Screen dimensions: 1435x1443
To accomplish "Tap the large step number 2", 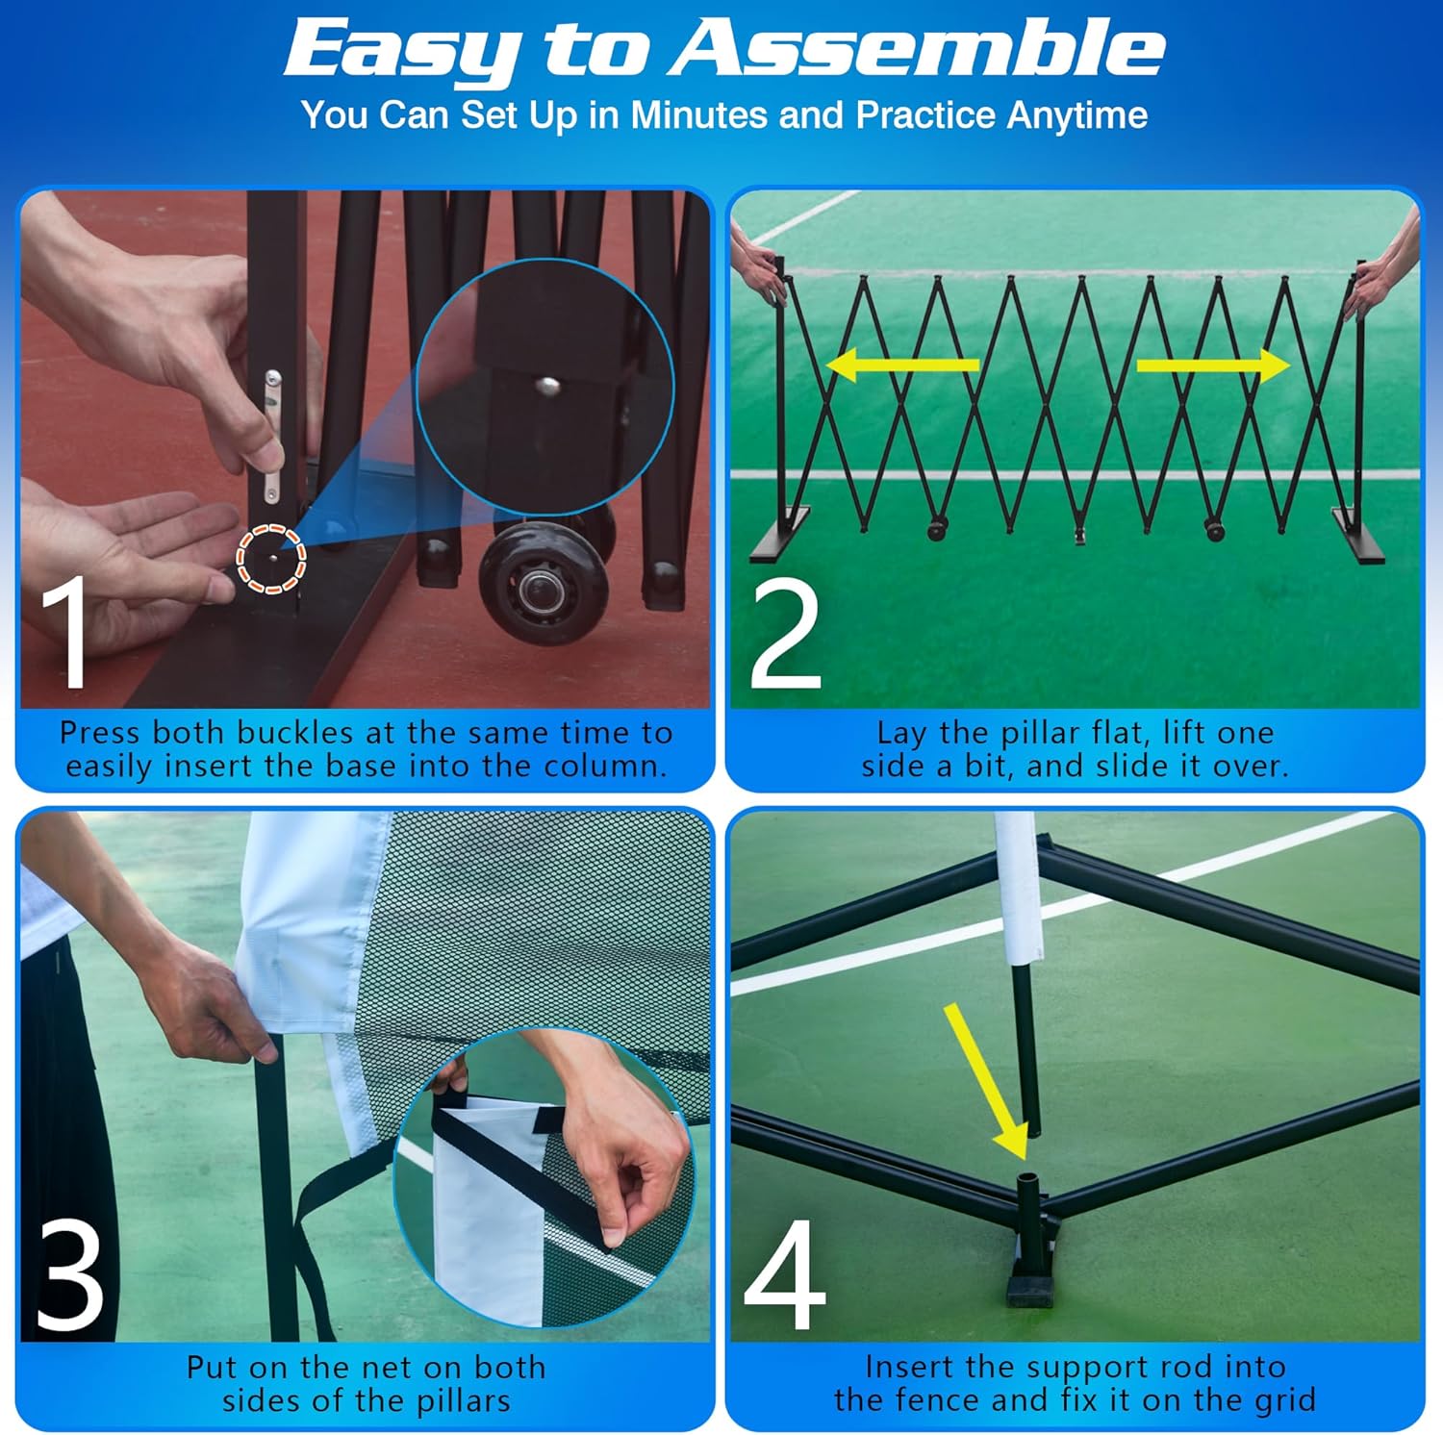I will (785, 635).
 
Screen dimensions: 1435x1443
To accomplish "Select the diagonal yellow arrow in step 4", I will (986, 1082).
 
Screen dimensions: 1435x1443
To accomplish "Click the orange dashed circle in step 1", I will (271, 558).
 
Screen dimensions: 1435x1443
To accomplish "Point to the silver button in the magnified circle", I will (547, 387).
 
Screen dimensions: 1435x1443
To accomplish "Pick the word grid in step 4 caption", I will (1283, 1400).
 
